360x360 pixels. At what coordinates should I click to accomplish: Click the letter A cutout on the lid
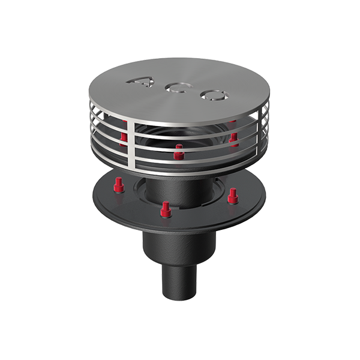(141, 83)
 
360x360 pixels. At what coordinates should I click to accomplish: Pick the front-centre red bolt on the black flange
(166, 209)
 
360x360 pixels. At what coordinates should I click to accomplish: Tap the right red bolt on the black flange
(233, 194)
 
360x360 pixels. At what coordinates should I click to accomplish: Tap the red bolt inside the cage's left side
(124, 139)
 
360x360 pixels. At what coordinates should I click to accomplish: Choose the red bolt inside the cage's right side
(233, 139)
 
